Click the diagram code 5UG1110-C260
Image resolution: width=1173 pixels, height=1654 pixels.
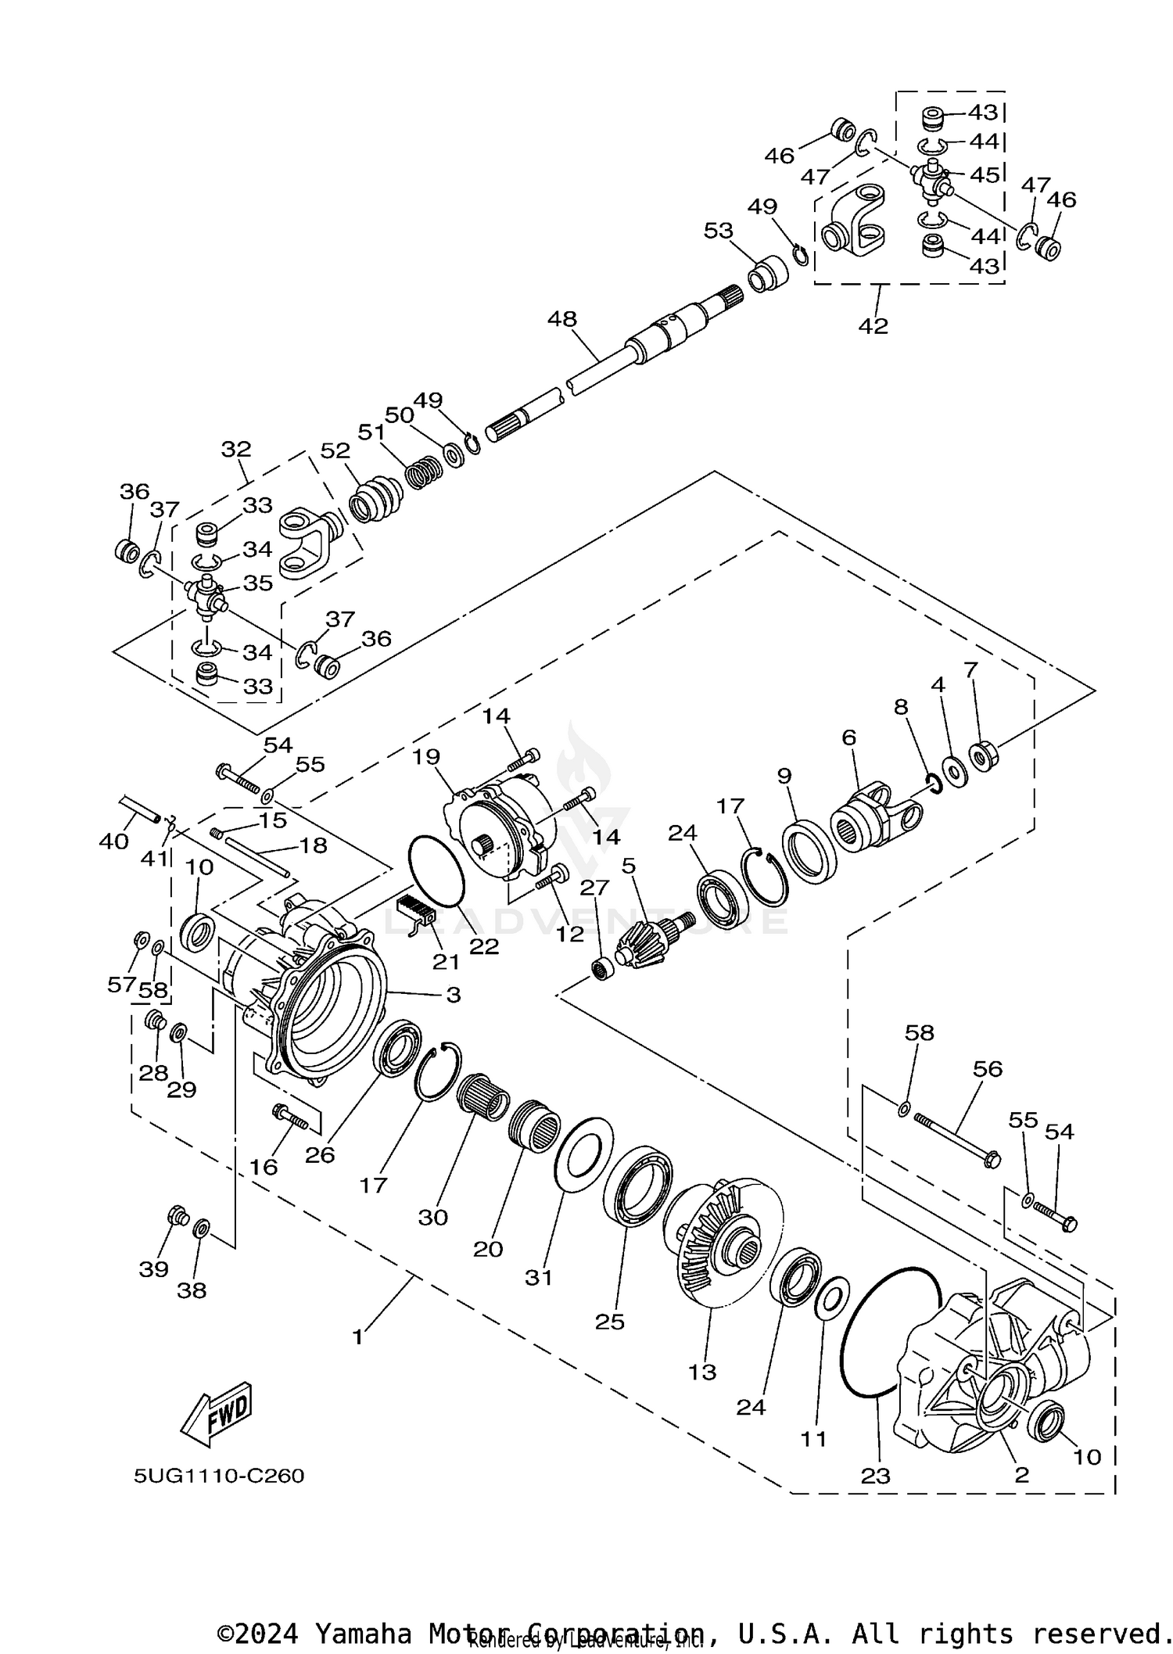(x=218, y=1476)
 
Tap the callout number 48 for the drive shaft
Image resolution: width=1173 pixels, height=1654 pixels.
(x=561, y=319)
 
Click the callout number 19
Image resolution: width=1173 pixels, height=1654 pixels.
(x=427, y=756)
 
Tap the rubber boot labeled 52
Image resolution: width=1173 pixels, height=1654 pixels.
(x=375, y=498)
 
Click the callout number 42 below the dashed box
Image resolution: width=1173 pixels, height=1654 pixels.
(x=873, y=325)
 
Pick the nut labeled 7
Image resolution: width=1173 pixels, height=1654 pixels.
(x=981, y=755)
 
